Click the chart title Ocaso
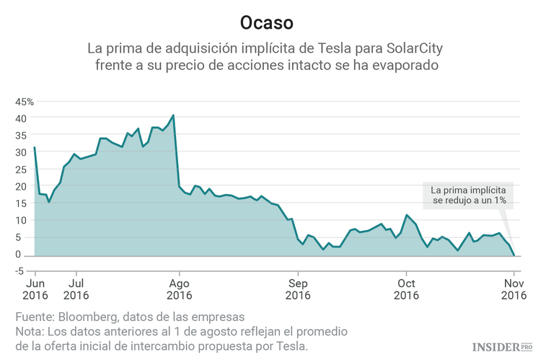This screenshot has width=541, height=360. point(267,22)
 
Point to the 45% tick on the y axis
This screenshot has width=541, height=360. point(25,101)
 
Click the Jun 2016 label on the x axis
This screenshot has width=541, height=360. point(35,289)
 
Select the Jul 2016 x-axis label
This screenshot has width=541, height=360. point(76,289)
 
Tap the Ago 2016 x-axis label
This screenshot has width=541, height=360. point(179,289)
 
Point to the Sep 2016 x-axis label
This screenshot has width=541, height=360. point(298,289)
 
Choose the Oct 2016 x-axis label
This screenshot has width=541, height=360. point(406,289)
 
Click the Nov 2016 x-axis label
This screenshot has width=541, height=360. point(514,289)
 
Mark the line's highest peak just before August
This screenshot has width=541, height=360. point(173,115)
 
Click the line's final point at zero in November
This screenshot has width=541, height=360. point(514,255)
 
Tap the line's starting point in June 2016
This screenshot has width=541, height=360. point(35,148)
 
